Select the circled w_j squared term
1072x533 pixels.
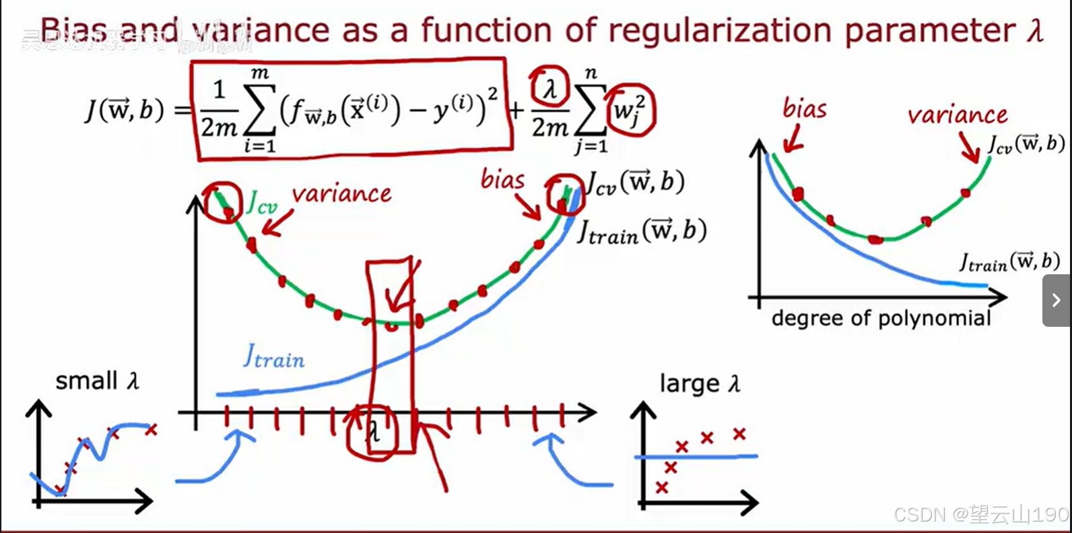click(x=630, y=110)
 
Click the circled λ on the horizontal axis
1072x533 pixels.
click(x=372, y=431)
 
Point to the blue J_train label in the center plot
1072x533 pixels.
click(x=273, y=356)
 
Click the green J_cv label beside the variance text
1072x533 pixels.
click(x=261, y=202)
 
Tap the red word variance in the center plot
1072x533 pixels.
click(x=341, y=195)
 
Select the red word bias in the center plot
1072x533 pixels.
click(x=502, y=180)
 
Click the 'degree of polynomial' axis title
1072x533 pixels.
click(x=881, y=317)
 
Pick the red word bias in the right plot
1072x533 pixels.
click(x=804, y=108)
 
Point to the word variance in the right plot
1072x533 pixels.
click(x=957, y=115)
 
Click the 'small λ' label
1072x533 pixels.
click(x=97, y=381)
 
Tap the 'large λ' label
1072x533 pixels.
click(x=700, y=383)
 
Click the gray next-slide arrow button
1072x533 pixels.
click(x=1056, y=300)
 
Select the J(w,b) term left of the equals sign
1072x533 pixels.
click(x=125, y=110)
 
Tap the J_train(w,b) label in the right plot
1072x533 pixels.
click(x=1009, y=261)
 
